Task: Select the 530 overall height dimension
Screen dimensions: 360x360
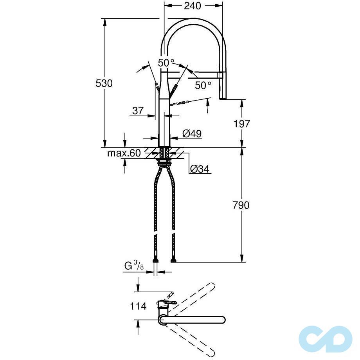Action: pos(105,83)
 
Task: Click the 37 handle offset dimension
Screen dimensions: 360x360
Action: pos(138,111)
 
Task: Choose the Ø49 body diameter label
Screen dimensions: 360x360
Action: pos(192,133)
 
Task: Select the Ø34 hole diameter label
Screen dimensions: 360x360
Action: pos(200,169)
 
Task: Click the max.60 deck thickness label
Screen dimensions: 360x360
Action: pos(124,153)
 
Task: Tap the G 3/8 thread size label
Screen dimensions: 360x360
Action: pos(133,266)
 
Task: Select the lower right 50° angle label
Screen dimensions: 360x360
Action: pos(203,85)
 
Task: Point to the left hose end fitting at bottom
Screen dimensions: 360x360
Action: pos(156,260)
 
